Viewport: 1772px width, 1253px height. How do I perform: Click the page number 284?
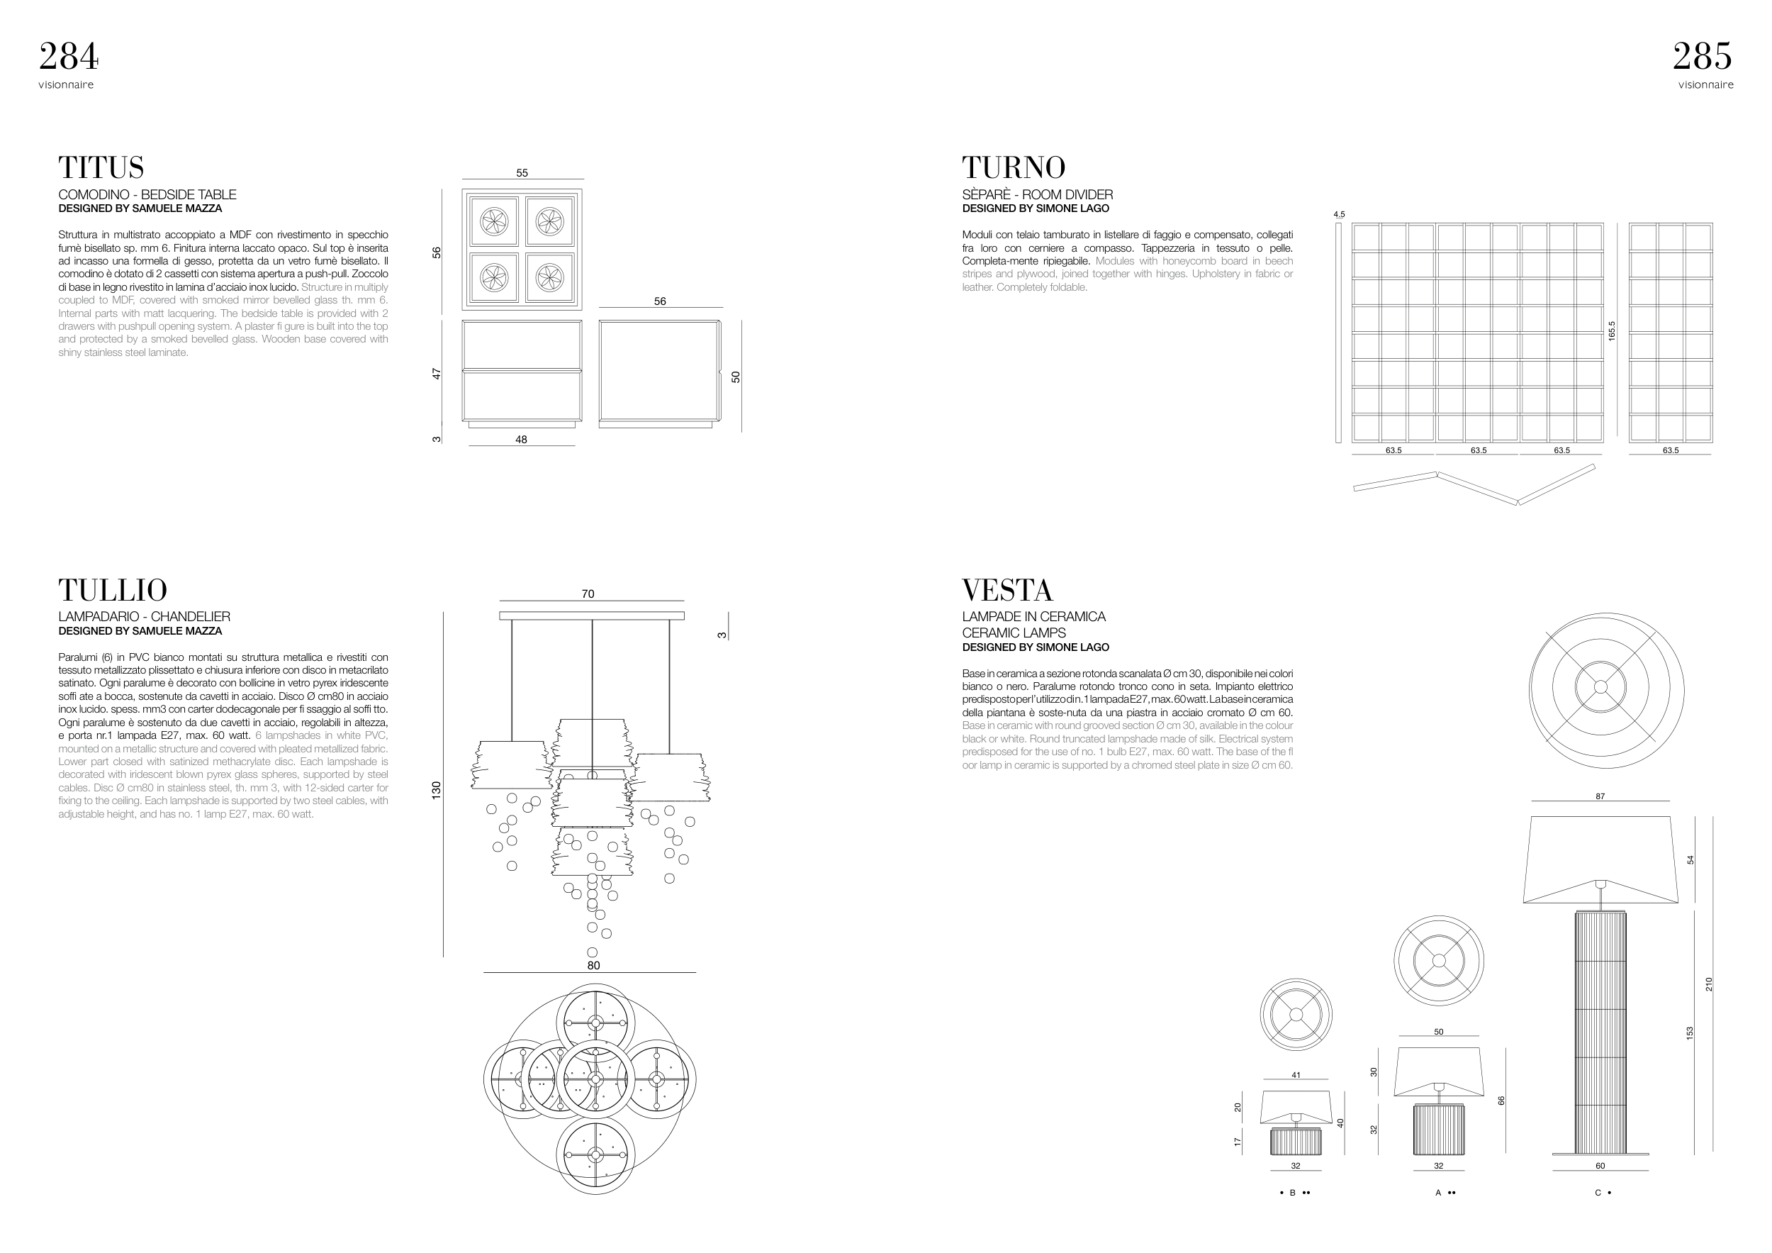click(69, 56)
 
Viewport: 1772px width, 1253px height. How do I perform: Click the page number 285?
click(1703, 56)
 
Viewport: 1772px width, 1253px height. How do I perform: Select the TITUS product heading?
click(101, 167)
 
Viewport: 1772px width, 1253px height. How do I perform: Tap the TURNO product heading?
click(1014, 167)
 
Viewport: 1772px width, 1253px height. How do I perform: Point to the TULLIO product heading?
click(113, 590)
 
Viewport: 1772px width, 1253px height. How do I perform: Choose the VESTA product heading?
click(1007, 590)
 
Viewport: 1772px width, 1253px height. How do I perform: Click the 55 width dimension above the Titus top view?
click(522, 173)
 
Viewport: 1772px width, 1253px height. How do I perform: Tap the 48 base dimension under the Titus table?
click(521, 439)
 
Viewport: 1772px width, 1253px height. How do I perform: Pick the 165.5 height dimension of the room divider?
click(1612, 331)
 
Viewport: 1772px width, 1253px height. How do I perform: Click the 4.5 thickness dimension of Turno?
click(1339, 215)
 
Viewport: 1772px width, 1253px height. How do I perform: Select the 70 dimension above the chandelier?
click(588, 594)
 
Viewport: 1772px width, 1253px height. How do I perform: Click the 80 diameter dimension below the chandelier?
click(593, 965)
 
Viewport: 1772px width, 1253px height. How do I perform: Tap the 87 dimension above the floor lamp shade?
click(1600, 796)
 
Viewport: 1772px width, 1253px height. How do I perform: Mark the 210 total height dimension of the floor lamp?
click(1709, 984)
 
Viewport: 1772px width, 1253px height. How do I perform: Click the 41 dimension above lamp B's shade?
click(1296, 1075)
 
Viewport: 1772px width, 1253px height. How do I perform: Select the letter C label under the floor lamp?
click(1598, 1193)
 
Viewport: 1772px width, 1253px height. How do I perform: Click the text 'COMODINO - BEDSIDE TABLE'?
click(147, 194)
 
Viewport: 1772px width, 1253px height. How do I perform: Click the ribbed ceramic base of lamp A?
click(1439, 1130)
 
